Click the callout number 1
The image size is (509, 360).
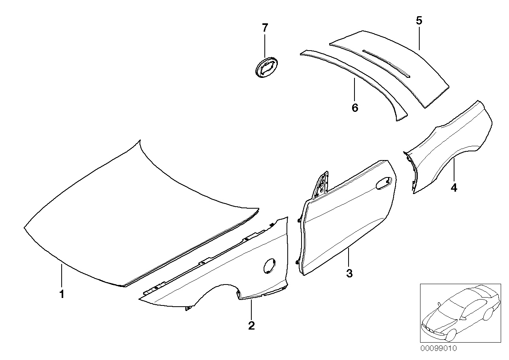(62, 294)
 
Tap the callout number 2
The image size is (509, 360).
(251, 326)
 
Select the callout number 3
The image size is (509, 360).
(349, 273)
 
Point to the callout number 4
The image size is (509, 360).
(454, 188)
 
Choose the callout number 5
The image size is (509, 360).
(419, 21)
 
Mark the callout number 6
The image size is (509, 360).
(355, 107)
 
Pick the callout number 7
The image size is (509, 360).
(265, 28)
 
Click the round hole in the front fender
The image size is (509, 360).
(270, 266)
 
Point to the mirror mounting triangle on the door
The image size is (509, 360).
(320, 186)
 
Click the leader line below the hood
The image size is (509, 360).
(61, 276)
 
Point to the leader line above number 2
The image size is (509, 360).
(251, 309)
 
